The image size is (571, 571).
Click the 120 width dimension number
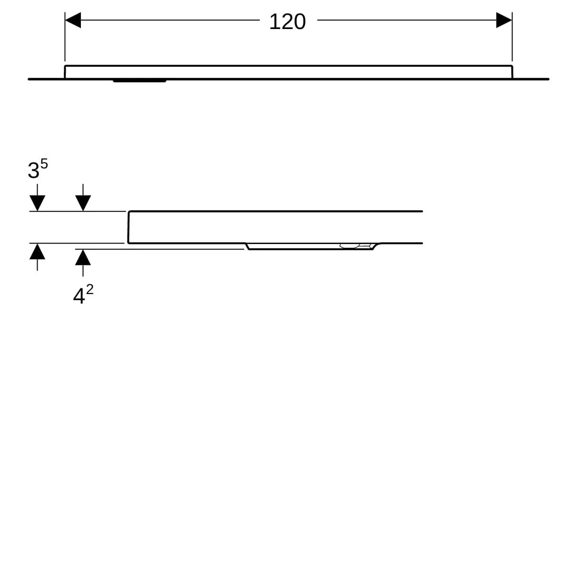(x=287, y=21)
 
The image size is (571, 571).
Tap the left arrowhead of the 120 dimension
(x=73, y=20)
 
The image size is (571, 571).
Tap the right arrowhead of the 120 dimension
(x=504, y=20)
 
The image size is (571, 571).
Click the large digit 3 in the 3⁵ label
(x=33, y=170)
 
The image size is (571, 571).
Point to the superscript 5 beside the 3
(x=44, y=164)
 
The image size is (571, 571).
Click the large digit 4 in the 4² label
(x=79, y=296)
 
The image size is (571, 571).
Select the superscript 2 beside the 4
(x=89, y=289)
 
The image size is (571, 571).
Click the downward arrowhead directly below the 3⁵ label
(x=37, y=203)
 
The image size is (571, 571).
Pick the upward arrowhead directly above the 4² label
(x=83, y=257)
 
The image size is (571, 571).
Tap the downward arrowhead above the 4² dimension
(x=83, y=203)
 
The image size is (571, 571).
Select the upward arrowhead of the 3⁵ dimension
(x=37, y=251)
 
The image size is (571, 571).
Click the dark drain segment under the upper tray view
(x=139, y=80)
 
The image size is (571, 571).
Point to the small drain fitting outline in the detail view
(x=355, y=246)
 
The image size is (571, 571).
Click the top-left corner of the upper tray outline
(x=65, y=66)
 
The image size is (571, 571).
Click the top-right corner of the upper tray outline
(x=512, y=66)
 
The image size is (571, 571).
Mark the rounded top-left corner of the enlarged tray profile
(x=129, y=212)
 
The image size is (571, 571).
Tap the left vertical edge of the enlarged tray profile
(x=128, y=227)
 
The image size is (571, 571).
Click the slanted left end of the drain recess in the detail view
(x=247, y=246)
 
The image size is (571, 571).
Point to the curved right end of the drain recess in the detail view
(x=376, y=246)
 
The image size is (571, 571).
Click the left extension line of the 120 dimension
(x=65, y=37)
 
